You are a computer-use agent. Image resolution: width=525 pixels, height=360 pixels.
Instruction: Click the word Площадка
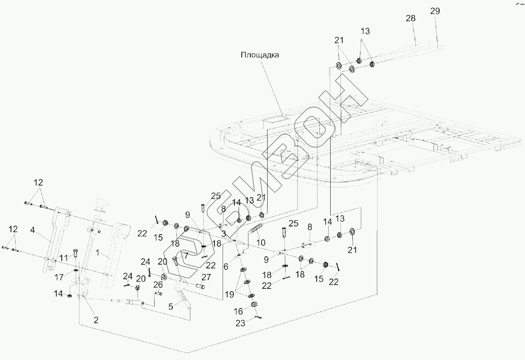point(260,55)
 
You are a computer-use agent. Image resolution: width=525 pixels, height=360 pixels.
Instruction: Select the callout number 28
point(410,18)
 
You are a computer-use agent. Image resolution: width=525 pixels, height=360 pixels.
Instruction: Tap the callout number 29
point(435,11)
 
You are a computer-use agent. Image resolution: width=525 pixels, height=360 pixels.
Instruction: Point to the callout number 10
point(261,242)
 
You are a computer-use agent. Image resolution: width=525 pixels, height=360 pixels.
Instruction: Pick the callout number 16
point(238,311)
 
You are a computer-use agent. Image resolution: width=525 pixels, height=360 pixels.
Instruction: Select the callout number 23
point(240,323)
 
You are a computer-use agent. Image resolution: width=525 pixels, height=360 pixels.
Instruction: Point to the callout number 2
point(96,320)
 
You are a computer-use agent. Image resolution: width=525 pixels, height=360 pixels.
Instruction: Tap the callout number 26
point(158,284)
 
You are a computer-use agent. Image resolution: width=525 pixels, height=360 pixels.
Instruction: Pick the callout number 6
point(226,266)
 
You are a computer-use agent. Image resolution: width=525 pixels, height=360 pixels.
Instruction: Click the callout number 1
point(97,254)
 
